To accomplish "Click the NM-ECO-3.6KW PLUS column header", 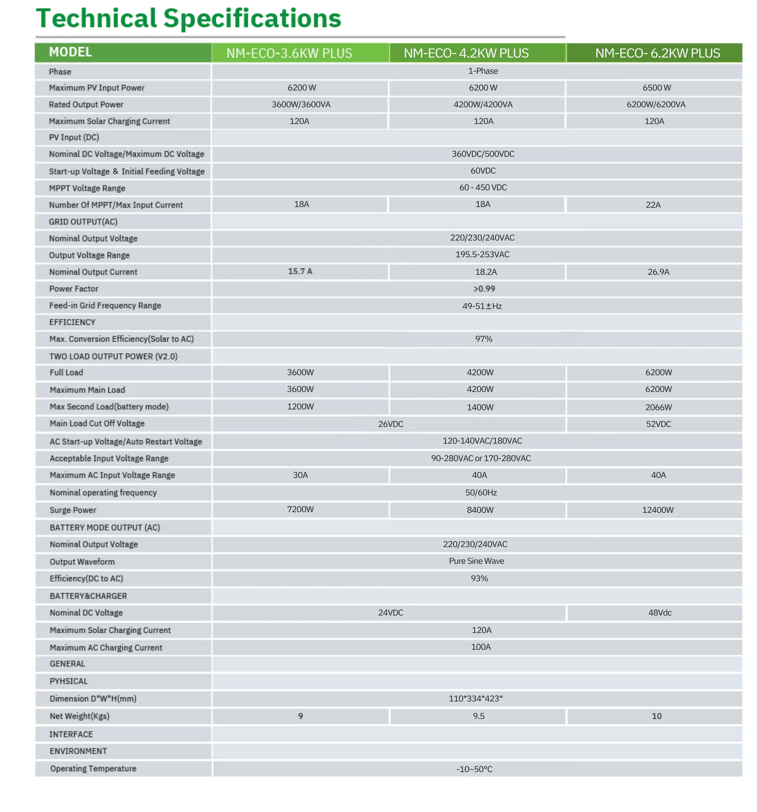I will pos(289,53).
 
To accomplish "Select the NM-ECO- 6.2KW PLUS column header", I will pos(657,53).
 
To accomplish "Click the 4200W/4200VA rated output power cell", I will pos(482,105).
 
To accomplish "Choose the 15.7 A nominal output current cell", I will pos(300,272).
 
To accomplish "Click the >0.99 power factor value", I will pos(484,289).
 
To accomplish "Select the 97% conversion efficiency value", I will pos(483,339).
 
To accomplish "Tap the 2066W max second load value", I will pos(658,407).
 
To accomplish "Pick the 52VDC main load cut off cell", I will pos(658,424).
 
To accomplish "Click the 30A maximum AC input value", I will pos(300,475).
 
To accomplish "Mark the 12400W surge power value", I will pos(657,510).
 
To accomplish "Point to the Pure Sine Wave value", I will pos(476,561).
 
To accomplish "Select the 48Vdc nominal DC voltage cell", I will pos(659,613).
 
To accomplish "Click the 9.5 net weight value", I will pos(478,716).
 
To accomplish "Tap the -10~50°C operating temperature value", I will pos(474,769).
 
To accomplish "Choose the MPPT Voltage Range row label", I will pos(87,188).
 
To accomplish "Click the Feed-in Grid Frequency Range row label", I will pos(105,306).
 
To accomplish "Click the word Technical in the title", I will pos(96,19).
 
